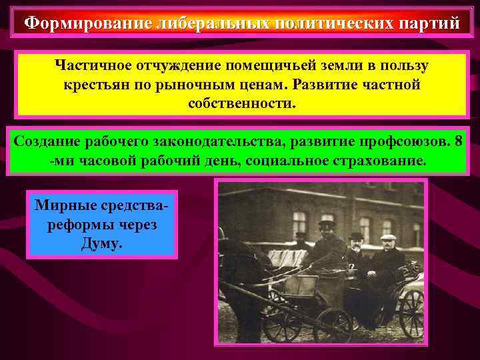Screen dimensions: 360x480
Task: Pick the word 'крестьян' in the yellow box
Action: [93, 86]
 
